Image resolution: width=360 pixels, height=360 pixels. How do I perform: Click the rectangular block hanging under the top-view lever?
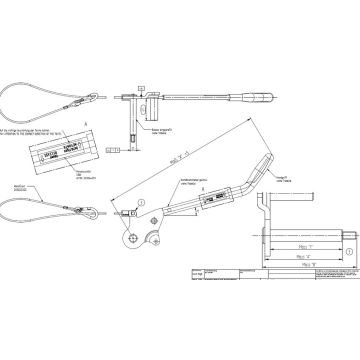146,104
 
